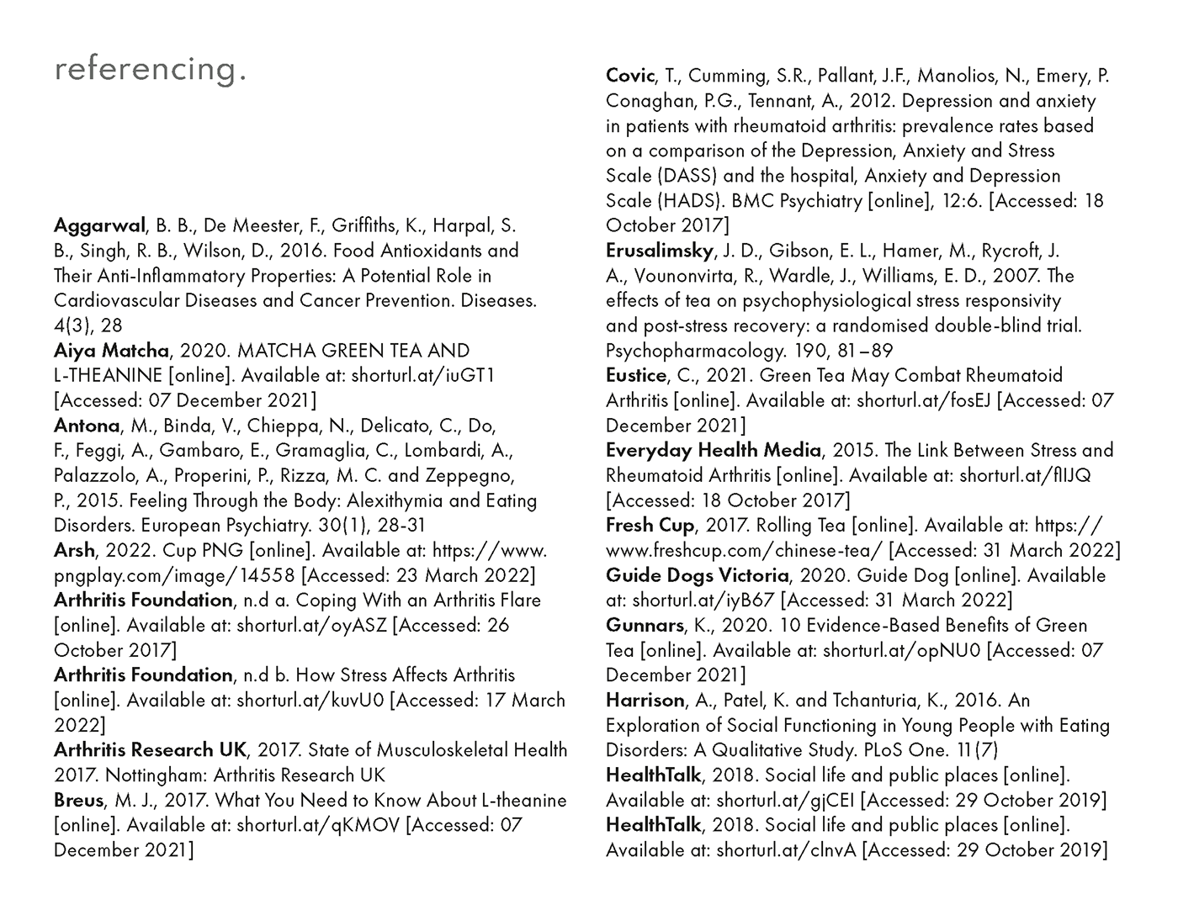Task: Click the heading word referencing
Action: coord(150,69)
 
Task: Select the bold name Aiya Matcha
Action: coord(111,351)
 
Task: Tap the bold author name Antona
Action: coord(87,426)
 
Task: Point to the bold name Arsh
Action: coord(74,551)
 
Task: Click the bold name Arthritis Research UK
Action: coord(150,750)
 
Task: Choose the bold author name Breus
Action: coord(77,801)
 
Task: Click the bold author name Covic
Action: coord(629,76)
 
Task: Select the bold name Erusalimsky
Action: coord(659,251)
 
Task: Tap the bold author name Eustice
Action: coord(636,375)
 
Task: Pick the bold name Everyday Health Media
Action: coord(713,451)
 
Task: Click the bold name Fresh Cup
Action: coord(650,526)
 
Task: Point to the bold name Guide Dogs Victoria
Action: coord(697,576)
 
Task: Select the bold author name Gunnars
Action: coord(645,626)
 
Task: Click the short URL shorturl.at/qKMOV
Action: coord(318,826)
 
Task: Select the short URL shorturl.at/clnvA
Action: coord(786,850)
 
